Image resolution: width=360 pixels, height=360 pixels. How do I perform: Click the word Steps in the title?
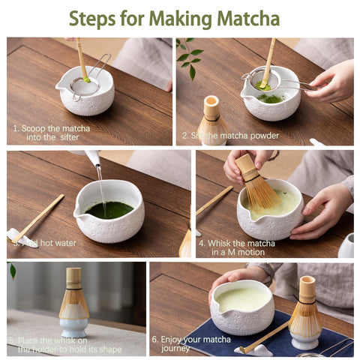(95, 18)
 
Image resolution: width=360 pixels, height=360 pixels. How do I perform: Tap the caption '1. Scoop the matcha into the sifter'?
(51, 133)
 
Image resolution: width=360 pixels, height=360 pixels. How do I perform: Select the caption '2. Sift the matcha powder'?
(230, 136)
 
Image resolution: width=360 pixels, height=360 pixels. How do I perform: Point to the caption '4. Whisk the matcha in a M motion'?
(237, 247)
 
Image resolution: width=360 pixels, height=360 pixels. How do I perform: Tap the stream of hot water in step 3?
(99, 184)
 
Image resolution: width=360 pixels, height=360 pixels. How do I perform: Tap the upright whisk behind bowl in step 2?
(211, 120)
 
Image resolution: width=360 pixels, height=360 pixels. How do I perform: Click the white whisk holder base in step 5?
(73, 327)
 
